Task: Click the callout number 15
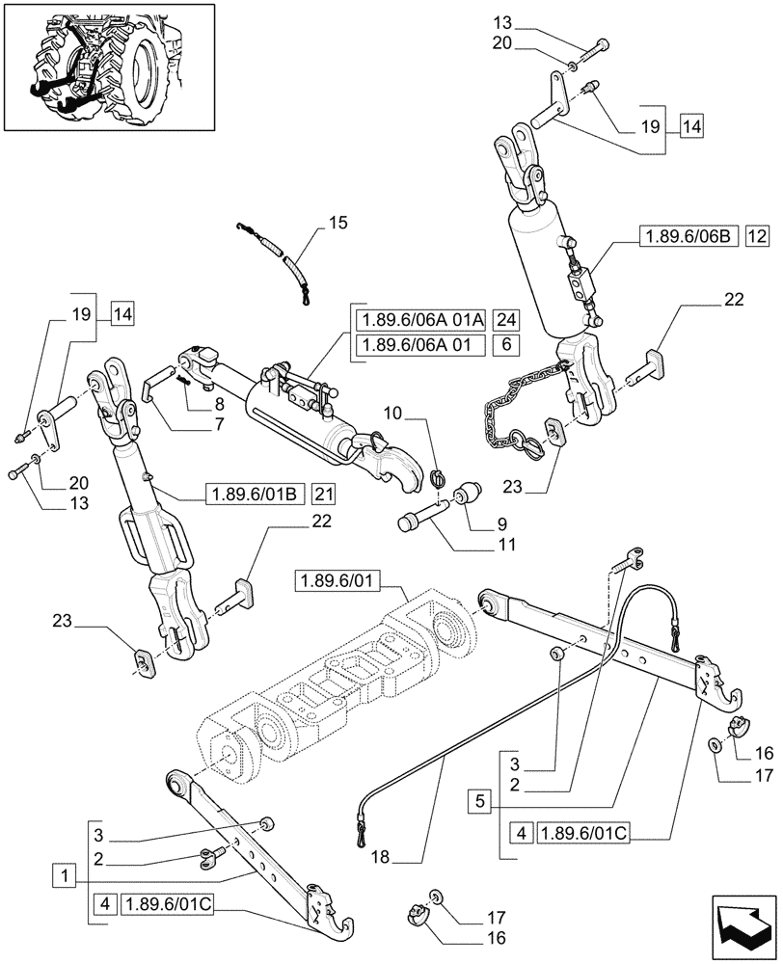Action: (336, 225)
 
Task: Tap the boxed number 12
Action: (756, 235)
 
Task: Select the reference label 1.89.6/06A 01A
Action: (419, 321)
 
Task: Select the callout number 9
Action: (501, 523)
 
